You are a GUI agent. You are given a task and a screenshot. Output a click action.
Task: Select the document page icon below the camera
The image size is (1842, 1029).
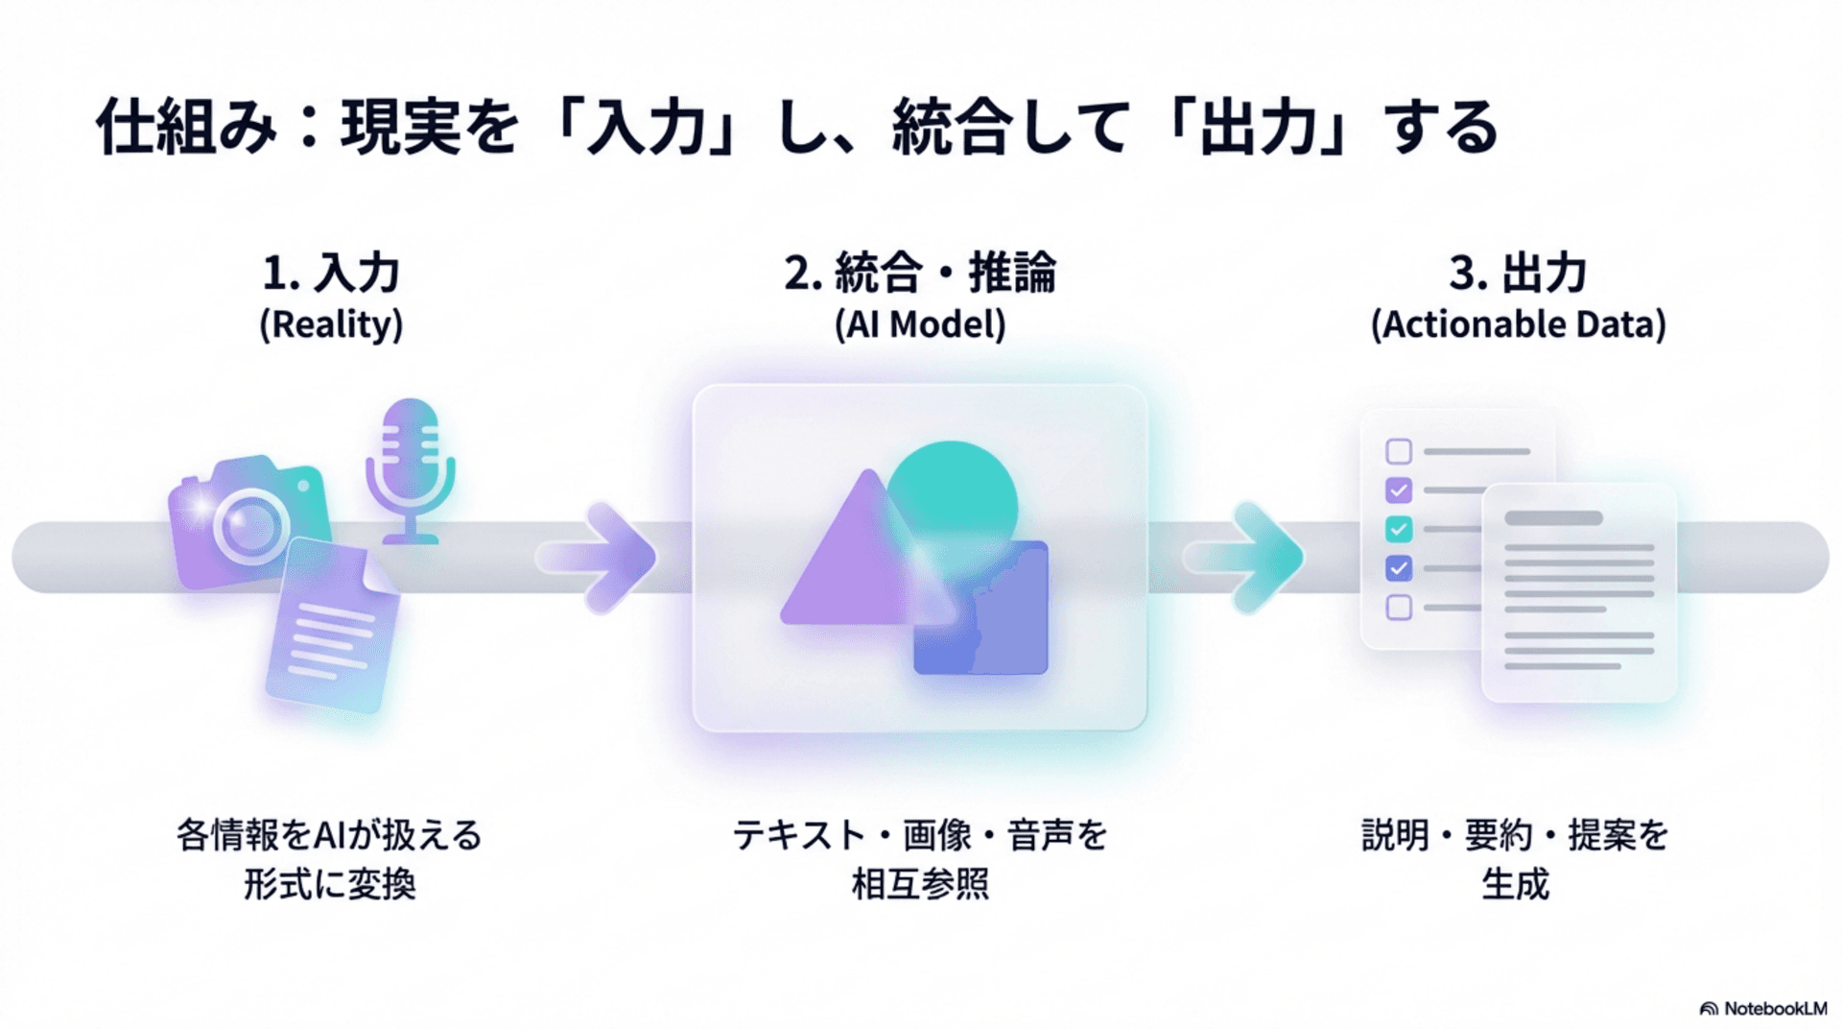(x=333, y=626)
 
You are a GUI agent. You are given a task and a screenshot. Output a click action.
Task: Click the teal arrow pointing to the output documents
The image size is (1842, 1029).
(x=1246, y=557)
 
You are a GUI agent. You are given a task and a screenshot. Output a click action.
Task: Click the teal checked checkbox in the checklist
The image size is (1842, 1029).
(x=1399, y=529)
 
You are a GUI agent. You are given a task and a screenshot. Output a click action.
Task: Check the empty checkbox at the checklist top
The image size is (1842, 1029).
(x=1399, y=451)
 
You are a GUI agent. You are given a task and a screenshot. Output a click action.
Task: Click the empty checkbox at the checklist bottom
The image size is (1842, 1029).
(x=1399, y=607)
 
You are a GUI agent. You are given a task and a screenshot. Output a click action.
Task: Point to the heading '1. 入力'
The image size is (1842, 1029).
(x=331, y=274)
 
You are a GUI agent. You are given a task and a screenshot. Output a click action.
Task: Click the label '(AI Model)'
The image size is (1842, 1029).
(x=919, y=324)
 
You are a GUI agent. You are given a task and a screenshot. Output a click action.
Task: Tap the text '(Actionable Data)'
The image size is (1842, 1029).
(x=1518, y=324)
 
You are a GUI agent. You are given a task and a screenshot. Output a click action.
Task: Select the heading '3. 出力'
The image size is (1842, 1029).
(x=1518, y=274)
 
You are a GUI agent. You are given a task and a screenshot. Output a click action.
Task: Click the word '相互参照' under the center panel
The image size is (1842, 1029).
(x=919, y=884)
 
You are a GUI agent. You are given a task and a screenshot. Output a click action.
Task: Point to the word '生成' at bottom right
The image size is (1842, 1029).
(x=1515, y=884)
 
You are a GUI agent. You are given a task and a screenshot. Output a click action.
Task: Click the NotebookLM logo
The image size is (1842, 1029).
(x=1763, y=1009)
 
